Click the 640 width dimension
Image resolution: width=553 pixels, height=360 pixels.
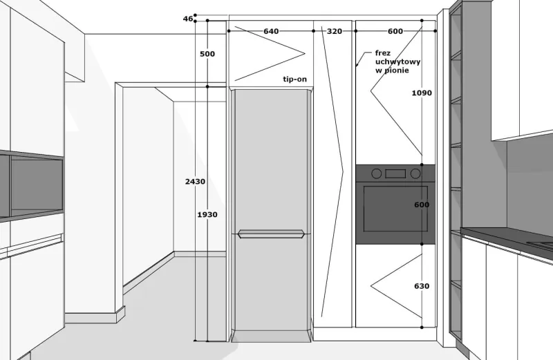click(271, 31)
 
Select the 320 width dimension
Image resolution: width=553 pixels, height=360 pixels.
click(335, 31)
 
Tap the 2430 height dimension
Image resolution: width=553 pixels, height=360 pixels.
click(195, 182)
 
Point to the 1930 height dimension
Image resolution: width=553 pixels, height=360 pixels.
click(207, 214)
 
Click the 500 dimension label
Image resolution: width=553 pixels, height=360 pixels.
click(207, 54)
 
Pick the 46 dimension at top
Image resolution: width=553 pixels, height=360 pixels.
click(188, 19)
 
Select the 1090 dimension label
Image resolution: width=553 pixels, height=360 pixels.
click(422, 93)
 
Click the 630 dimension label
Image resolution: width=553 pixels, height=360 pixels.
click(422, 286)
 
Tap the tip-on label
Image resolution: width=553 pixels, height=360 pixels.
click(295, 79)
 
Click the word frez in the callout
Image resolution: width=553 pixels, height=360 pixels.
click(383, 53)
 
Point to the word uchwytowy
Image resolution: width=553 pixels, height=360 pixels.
click(398, 62)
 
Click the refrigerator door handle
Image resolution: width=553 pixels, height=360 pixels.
click(271, 234)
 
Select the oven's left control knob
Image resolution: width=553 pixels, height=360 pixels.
click(377, 173)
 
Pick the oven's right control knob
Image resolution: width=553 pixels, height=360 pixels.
click(415, 173)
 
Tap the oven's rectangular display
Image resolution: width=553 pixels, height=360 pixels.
click(395, 173)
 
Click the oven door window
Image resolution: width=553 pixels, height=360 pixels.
click(395, 209)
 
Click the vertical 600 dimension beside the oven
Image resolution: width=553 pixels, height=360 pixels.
click(422, 205)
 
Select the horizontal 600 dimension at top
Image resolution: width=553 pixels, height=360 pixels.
click(395, 31)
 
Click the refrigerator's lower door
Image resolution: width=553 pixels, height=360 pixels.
click(271, 283)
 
